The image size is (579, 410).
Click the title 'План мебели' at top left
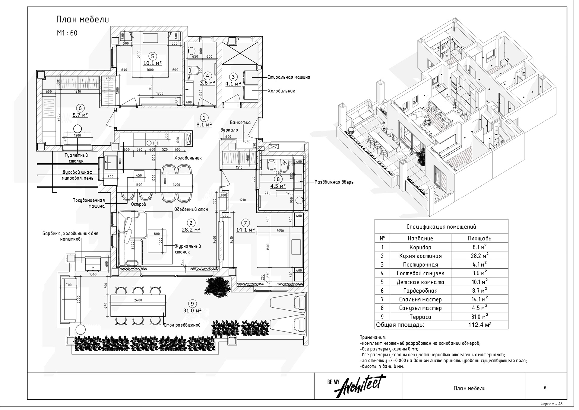point(82,20)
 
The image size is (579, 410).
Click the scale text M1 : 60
point(67,33)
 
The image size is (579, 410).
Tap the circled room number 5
point(152,56)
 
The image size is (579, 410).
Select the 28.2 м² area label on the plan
point(191,230)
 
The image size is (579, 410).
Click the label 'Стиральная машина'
point(289,77)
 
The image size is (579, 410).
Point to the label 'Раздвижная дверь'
point(334,182)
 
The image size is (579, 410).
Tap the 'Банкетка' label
point(240,123)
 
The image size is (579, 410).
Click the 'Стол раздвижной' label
point(182,325)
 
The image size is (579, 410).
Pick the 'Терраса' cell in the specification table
point(420,317)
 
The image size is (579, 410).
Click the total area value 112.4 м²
point(480,325)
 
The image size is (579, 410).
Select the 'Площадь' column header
point(479,238)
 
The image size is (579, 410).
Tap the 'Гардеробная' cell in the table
point(420,291)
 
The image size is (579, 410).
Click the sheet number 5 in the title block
point(545,388)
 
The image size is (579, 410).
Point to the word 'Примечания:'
point(372,337)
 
